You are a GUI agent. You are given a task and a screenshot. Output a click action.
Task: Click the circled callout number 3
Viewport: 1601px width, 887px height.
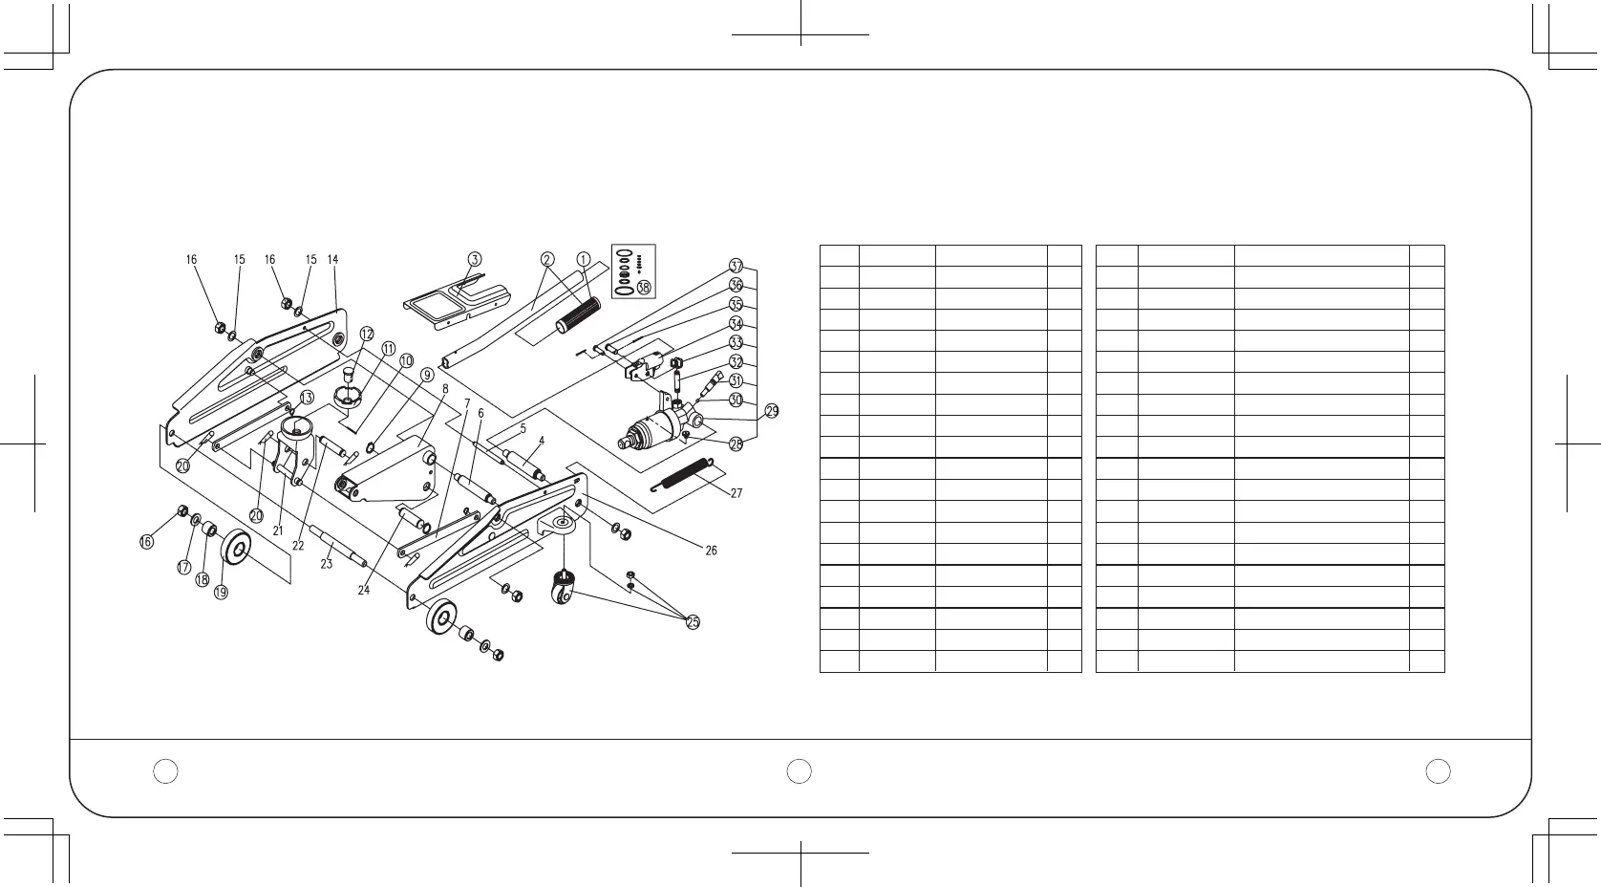[475, 258]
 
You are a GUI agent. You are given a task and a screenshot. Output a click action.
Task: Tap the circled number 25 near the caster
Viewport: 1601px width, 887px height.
[693, 622]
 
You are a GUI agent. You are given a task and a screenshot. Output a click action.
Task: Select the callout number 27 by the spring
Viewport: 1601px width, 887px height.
[736, 494]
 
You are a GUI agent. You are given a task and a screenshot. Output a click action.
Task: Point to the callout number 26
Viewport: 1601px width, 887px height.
[711, 551]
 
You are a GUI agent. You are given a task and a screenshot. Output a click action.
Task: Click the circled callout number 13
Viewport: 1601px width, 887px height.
[307, 397]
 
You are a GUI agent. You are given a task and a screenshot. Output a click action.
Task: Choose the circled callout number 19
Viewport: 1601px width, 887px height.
[221, 593]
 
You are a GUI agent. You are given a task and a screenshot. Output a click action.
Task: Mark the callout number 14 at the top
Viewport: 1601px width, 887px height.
[332, 259]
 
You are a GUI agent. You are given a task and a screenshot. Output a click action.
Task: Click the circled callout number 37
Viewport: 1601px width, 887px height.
[736, 266]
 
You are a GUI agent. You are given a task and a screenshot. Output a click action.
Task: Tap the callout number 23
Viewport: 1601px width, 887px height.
[326, 564]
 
